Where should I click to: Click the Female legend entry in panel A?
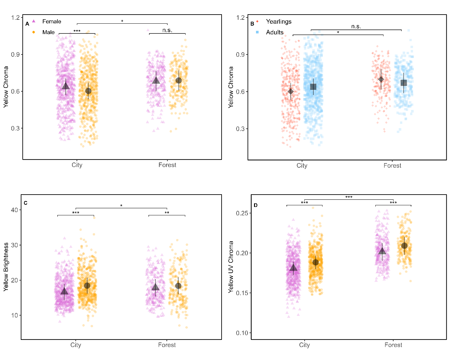click(51, 21)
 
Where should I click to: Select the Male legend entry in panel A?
click(48, 32)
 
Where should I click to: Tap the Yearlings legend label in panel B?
click(278, 21)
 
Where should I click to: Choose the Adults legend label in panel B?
click(274, 32)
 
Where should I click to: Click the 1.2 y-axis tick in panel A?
click(15, 18)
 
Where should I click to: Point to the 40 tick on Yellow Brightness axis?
click(14, 210)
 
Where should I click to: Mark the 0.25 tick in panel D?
click(242, 213)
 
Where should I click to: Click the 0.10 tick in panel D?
click(242, 333)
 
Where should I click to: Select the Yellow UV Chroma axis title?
click(231, 267)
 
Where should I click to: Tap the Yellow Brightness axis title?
click(6, 267)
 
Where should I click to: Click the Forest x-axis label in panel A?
click(167, 165)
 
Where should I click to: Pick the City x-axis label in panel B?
click(302, 166)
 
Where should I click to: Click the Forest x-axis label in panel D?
click(393, 345)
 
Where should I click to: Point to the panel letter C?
click(26, 203)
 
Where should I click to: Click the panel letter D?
click(256, 205)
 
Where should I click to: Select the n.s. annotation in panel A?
click(167, 30)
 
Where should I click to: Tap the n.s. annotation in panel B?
click(356, 26)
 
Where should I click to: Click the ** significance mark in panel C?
click(167, 213)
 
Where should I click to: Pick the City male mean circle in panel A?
click(88, 91)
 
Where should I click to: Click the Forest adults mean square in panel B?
click(404, 83)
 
